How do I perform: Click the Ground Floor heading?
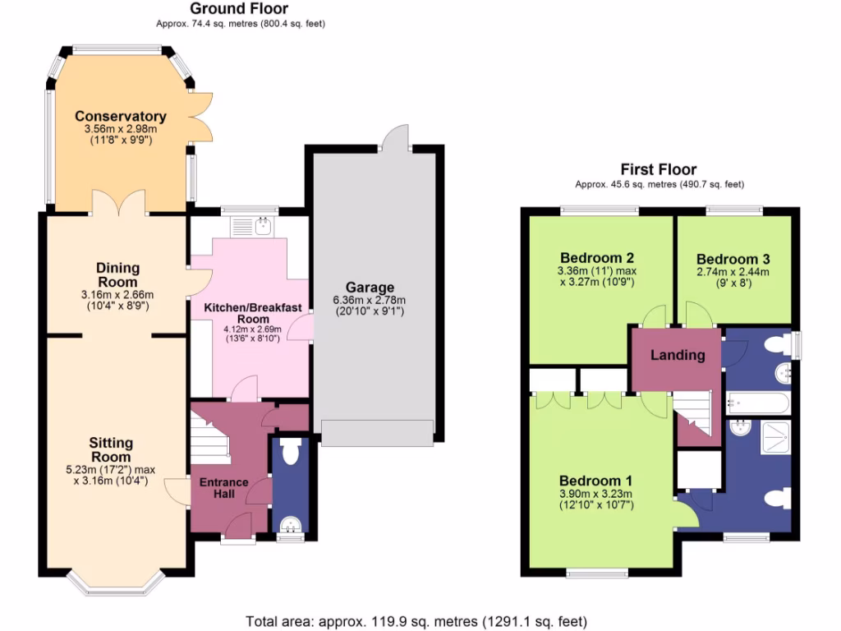pyautogui.click(x=239, y=9)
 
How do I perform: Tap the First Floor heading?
pyautogui.click(x=659, y=169)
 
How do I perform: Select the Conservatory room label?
pyautogui.click(x=121, y=116)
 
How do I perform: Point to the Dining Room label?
pyautogui.click(x=118, y=274)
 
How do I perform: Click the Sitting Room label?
pyautogui.click(x=111, y=449)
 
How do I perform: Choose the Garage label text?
pyautogui.click(x=369, y=287)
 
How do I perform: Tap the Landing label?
pyautogui.click(x=678, y=355)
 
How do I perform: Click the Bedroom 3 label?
pyautogui.click(x=733, y=259)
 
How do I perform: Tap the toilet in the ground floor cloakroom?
pyautogui.click(x=288, y=452)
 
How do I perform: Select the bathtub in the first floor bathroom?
pyautogui.click(x=757, y=403)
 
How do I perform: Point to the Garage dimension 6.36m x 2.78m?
pyautogui.click(x=369, y=300)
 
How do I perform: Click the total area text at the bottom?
pyautogui.click(x=416, y=621)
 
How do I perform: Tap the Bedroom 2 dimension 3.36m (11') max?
pyautogui.click(x=595, y=271)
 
